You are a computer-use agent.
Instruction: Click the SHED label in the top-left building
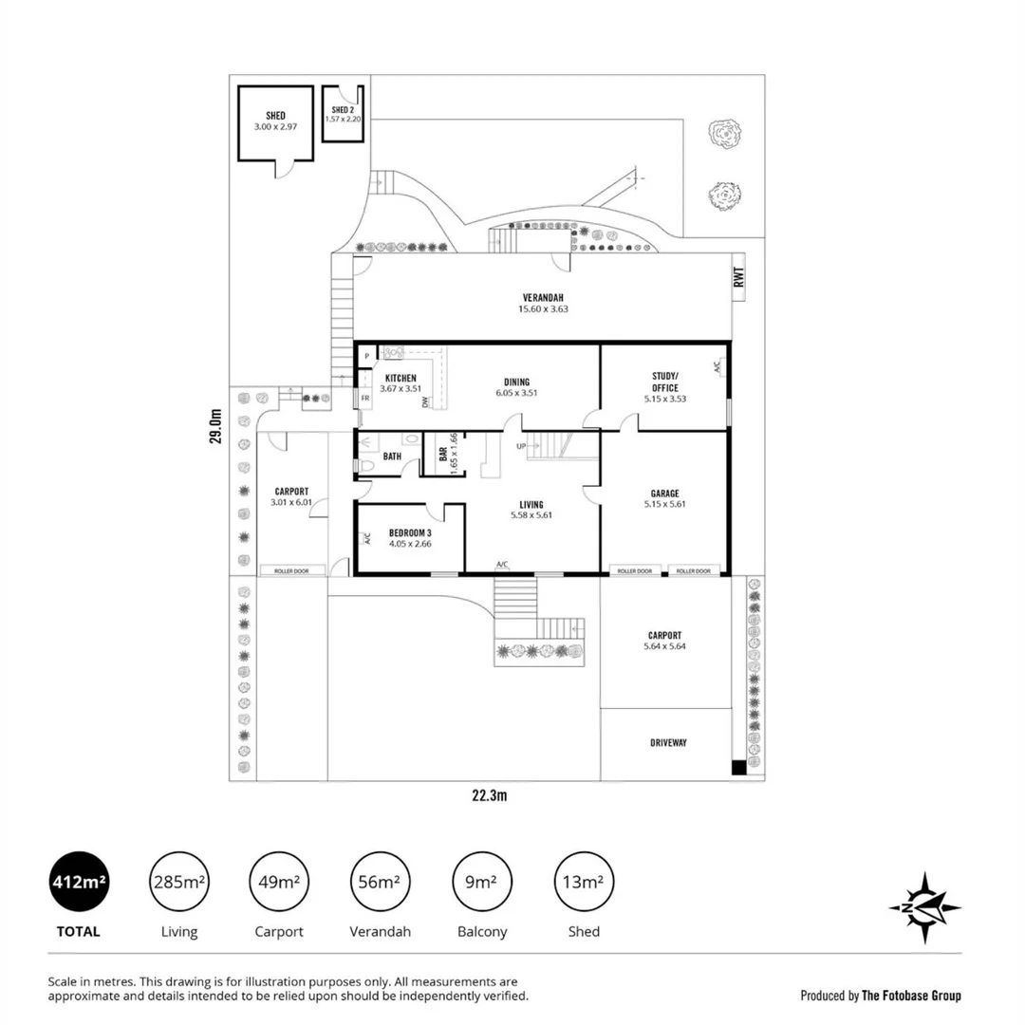click(275, 116)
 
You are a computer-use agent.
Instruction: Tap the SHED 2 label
click(342, 110)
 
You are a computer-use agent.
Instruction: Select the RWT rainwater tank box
click(739, 277)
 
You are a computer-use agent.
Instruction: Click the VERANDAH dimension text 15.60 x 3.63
click(543, 308)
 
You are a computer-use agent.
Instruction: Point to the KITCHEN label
click(400, 378)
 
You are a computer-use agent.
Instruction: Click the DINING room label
click(517, 382)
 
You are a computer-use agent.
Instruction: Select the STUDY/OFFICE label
click(664, 382)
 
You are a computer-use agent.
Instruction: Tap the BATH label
click(392, 457)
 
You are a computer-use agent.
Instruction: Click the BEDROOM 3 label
click(410, 532)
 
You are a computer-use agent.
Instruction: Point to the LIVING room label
click(531, 504)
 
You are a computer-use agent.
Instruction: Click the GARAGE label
click(664, 493)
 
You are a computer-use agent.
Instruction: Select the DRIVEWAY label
click(668, 742)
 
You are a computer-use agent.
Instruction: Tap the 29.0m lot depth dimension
click(215, 426)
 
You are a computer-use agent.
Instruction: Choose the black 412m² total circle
click(79, 882)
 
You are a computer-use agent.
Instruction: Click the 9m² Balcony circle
click(480, 882)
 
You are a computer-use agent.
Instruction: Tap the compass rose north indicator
click(924, 908)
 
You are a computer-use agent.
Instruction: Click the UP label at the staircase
click(521, 446)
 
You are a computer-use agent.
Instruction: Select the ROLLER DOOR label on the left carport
click(292, 571)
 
